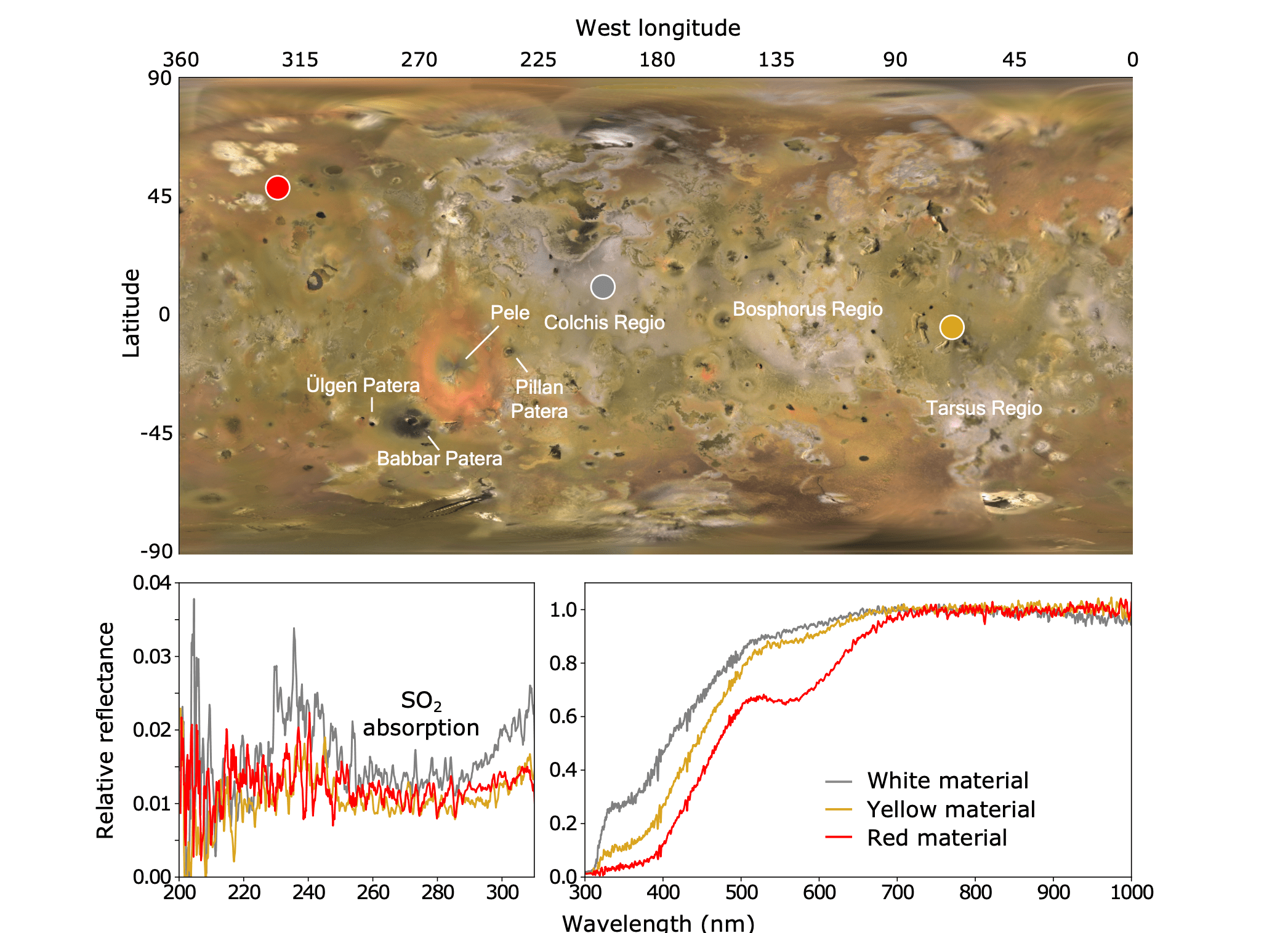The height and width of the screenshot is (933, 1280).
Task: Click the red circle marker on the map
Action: pyautogui.click(x=278, y=187)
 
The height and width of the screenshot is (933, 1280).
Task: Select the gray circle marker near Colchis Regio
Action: pyautogui.click(x=603, y=287)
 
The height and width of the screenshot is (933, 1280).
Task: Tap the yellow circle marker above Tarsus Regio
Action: pyautogui.click(x=952, y=327)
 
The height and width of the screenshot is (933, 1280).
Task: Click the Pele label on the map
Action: pyautogui.click(x=510, y=313)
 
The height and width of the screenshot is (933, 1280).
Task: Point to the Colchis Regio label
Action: pyautogui.click(x=605, y=322)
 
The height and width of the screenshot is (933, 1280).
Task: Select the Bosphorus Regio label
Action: pyautogui.click(x=808, y=309)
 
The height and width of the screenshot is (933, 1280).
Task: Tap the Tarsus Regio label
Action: pyautogui.click(x=984, y=408)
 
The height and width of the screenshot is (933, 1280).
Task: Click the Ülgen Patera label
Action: pyautogui.click(x=363, y=385)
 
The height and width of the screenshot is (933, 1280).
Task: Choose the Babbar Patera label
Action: pyautogui.click(x=440, y=458)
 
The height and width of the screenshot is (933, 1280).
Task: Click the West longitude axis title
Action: pyautogui.click(x=658, y=28)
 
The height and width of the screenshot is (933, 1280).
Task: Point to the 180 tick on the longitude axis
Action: pyautogui.click(x=658, y=60)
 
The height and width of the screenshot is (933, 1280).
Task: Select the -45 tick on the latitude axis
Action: pyautogui.click(x=156, y=433)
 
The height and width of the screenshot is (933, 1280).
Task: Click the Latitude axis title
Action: pyautogui.click(x=131, y=313)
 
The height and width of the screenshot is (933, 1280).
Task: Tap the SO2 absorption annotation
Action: pyautogui.click(x=421, y=714)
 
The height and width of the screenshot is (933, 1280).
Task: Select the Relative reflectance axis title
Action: pyautogui.click(x=105, y=731)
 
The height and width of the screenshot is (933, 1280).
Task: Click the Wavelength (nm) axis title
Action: pyautogui.click(x=658, y=923)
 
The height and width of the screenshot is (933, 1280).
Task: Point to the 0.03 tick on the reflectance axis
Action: pyautogui.click(x=151, y=657)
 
